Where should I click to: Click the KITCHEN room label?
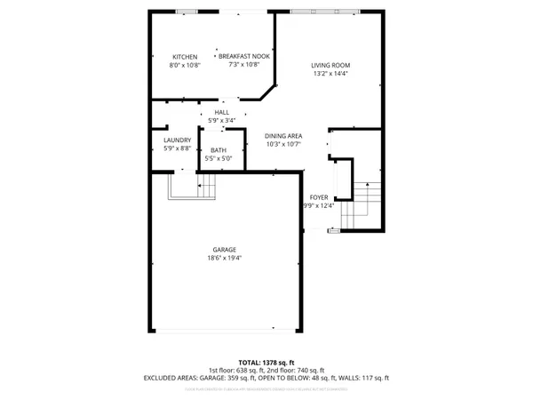pyautogui.click(x=185, y=57)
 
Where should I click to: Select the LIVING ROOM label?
pyautogui.click(x=330, y=65)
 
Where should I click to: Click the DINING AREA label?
pyautogui.click(x=283, y=135)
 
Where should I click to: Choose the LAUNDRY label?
pyautogui.click(x=178, y=140)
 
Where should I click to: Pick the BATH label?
pyautogui.click(x=218, y=150)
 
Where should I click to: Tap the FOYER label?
pyautogui.click(x=318, y=197)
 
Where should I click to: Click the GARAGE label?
pyautogui.click(x=224, y=250)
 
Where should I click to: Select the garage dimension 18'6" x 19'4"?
pyautogui.click(x=224, y=259)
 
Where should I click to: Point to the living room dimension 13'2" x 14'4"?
pyautogui.click(x=330, y=74)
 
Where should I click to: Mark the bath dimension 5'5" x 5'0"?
pyautogui.click(x=218, y=158)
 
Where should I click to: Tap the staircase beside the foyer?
pyautogui.click(x=366, y=203)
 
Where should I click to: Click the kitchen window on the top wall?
pyautogui.click(x=187, y=12)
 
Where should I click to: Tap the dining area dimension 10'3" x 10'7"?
pyautogui.click(x=283, y=144)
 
